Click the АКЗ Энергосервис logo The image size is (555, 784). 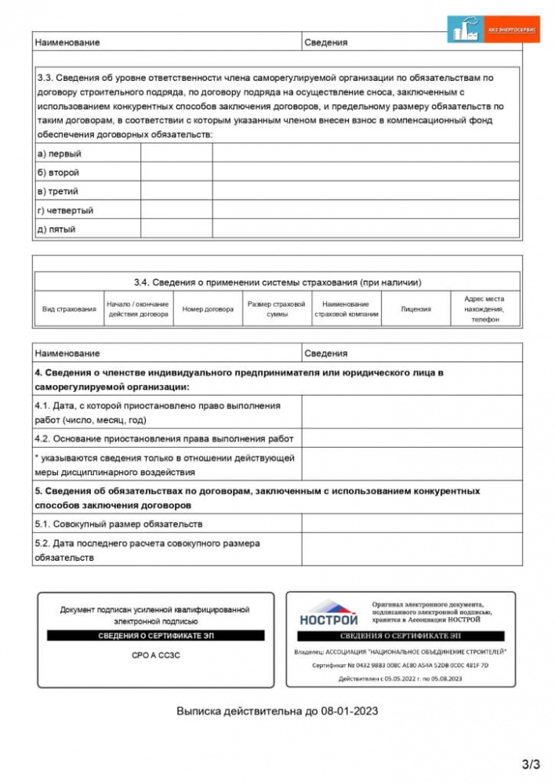pos(493,29)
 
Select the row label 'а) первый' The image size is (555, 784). pos(60,154)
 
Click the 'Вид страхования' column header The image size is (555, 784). pos(69,309)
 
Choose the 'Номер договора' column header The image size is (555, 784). pos(208,309)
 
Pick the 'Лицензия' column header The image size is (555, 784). pos(415,309)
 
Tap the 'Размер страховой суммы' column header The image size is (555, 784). pos(276,309)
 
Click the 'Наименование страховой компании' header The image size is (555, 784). pos(346,309)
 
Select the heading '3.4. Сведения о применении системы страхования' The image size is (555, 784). pos(277,282)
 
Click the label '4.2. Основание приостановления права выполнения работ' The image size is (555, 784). pos(164,438)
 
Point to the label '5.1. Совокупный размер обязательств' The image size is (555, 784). pos(118,524)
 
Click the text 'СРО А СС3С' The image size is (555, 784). pos(155,655)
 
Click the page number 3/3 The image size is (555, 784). pos(531,763)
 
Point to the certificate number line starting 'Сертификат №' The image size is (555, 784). pos(400,665)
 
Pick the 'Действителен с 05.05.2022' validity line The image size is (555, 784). pos(400,678)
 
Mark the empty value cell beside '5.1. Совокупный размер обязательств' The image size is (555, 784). pos(411,524)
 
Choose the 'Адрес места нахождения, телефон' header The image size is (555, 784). pos(484,309)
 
